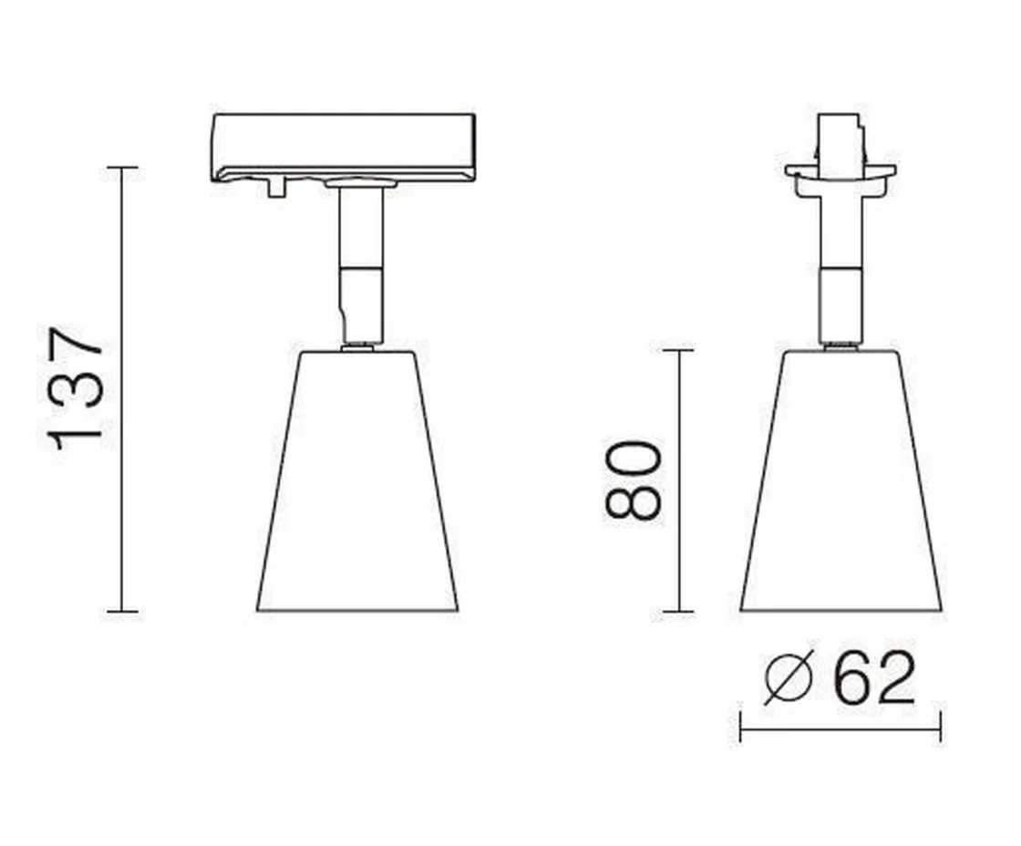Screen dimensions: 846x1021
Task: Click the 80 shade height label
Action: tap(632, 480)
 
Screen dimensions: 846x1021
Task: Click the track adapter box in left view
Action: tap(344, 146)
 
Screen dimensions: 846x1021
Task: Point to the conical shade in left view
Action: tap(357, 483)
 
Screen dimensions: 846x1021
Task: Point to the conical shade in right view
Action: tap(840, 483)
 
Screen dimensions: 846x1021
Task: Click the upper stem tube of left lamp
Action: tap(360, 228)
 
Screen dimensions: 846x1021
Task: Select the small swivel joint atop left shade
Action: tap(357, 346)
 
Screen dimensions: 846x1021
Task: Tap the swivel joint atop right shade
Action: tap(840, 346)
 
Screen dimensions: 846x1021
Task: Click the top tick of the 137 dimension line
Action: tap(122, 169)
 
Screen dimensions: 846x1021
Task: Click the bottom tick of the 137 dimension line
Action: tap(122, 612)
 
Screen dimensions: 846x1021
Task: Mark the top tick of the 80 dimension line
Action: tap(678, 350)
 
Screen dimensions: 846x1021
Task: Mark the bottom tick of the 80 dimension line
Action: tap(678, 612)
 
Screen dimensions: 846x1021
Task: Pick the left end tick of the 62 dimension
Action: tap(740, 728)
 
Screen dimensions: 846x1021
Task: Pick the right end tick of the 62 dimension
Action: tap(940, 728)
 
